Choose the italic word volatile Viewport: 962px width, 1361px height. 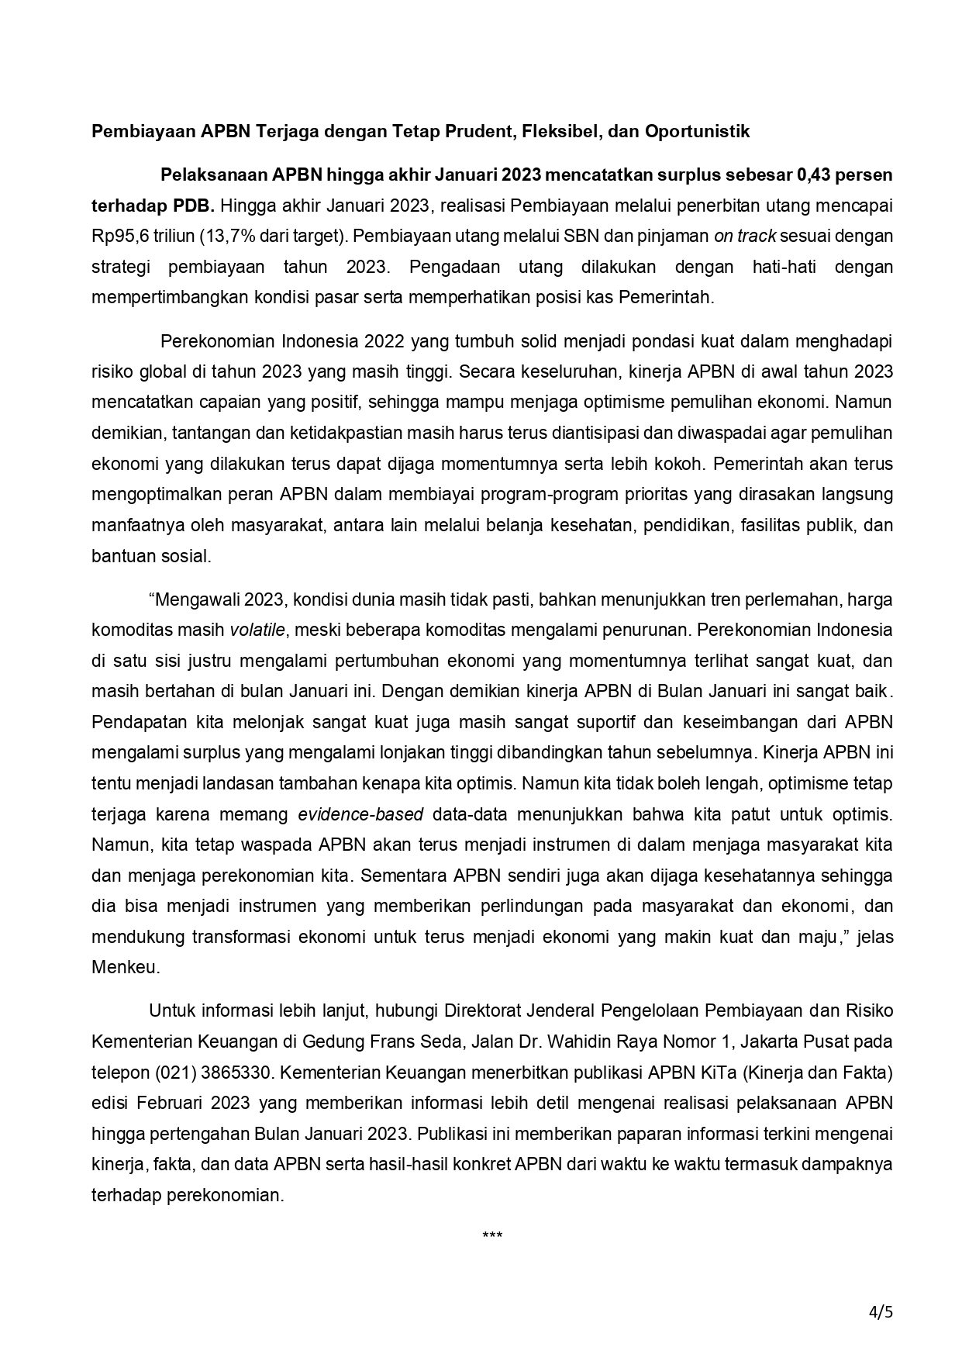pos(257,630)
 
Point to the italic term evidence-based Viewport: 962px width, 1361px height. pos(360,814)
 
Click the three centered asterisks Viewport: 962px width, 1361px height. pos(492,1235)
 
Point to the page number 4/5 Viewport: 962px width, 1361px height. pos(881,1312)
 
